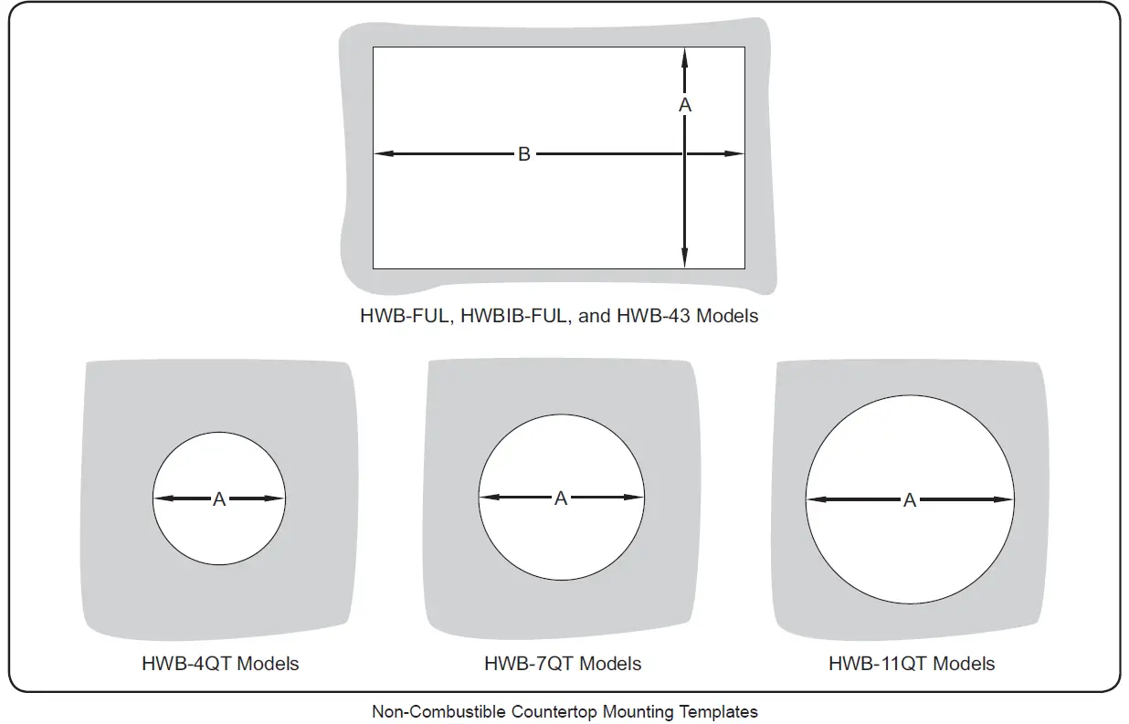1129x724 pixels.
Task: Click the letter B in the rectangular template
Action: click(524, 154)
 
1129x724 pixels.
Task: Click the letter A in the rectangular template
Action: click(685, 105)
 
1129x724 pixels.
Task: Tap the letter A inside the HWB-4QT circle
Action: click(219, 499)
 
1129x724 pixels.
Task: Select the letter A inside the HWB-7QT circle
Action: click(561, 498)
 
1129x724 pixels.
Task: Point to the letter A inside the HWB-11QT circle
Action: click(910, 500)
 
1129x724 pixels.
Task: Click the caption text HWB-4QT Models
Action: click(220, 664)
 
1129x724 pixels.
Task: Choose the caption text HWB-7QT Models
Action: click(563, 664)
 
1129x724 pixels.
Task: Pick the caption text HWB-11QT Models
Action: click(912, 664)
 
